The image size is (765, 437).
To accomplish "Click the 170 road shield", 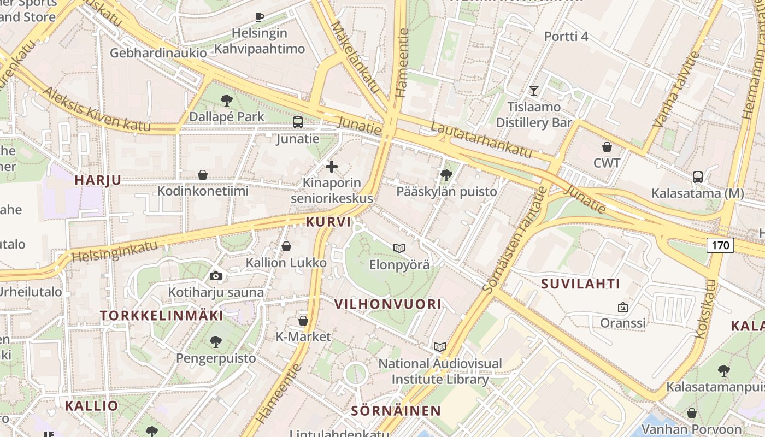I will (720, 245).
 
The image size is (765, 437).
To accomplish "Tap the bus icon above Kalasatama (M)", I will (698, 176).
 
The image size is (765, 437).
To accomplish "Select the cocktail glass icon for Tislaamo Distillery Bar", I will (534, 90).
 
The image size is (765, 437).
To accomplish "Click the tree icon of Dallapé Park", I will (226, 100).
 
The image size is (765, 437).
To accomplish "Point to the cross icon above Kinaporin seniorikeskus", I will (332, 167).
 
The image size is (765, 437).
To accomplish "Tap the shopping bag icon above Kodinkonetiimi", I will (203, 175).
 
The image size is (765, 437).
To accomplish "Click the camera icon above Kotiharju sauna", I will (216, 276).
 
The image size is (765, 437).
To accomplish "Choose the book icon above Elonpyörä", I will (399, 248).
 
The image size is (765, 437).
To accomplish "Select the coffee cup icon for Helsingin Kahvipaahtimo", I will (260, 17).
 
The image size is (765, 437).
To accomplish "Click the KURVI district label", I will (328, 222).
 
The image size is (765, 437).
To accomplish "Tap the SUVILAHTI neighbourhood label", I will (581, 284).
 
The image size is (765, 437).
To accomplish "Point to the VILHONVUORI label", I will (387, 304).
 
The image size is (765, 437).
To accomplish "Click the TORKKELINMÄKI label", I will (162, 315).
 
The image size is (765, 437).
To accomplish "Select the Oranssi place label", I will (623, 323).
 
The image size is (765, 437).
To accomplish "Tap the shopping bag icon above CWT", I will (607, 146).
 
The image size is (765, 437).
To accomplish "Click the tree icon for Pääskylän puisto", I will (446, 175).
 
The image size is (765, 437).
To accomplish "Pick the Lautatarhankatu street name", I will (481, 139).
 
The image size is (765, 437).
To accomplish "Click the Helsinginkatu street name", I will (114, 251).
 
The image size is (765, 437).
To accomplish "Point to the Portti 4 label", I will (566, 37).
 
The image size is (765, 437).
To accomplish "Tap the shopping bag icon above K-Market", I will (303, 320).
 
